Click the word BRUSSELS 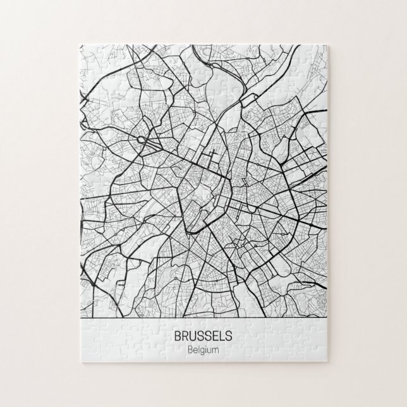(x=203, y=336)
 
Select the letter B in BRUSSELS (x=175, y=336)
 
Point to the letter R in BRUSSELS (x=183, y=336)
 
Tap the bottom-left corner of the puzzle (x=78, y=365)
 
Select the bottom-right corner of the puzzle (x=329, y=365)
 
